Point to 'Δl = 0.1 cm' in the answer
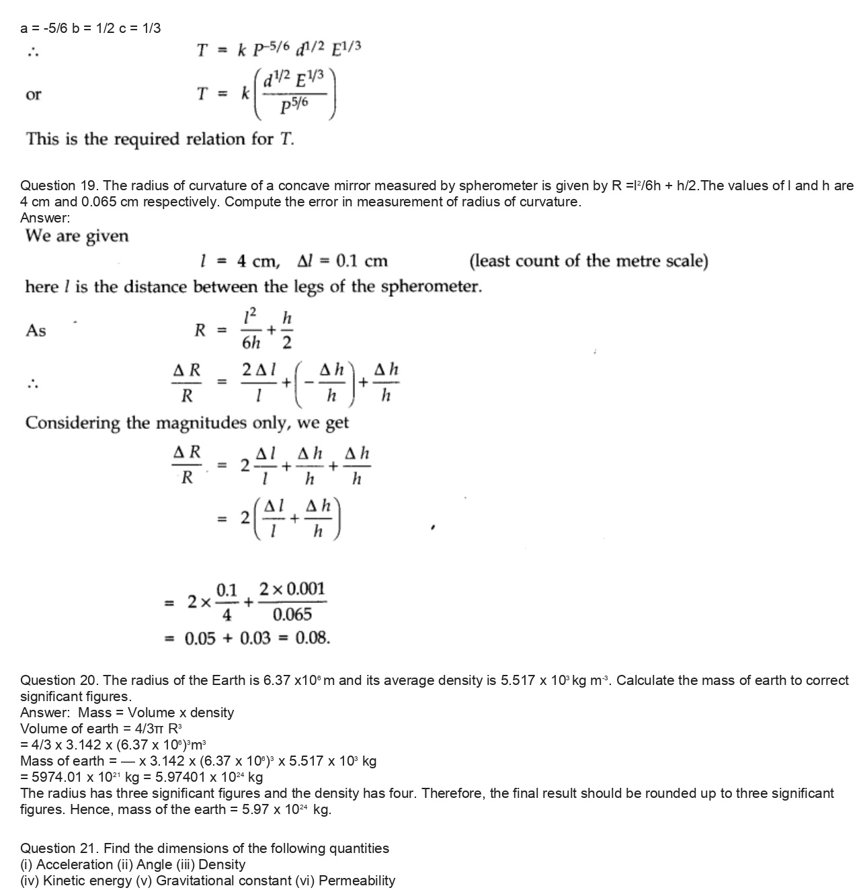click(x=342, y=261)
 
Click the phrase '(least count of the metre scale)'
click(x=588, y=261)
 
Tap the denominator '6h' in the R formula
click(x=251, y=343)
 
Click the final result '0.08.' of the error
click(x=313, y=638)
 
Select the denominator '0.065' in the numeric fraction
click(x=292, y=614)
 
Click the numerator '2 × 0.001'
click(x=292, y=589)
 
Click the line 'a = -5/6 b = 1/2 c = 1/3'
click(x=90, y=28)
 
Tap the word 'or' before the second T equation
click(x=33, y=95)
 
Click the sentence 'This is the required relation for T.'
click(x=160, y=139)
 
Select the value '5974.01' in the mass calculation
click(x=54, y=777)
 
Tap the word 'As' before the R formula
click(x=36, y=330)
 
